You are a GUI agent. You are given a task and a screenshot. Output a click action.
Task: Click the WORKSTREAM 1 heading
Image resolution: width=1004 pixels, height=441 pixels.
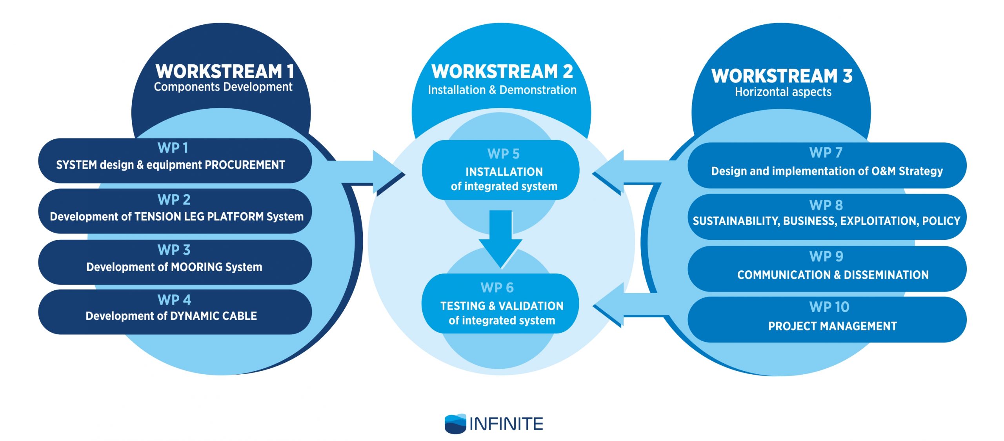tap(225, 72)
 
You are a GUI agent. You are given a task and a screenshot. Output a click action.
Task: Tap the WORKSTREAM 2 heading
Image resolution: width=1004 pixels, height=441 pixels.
tap(502, 72)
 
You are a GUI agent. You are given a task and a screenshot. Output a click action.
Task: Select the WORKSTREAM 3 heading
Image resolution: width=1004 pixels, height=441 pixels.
tap(782, 76)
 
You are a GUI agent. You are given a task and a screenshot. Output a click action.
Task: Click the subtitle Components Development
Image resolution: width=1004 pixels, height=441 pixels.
tap(223, 87)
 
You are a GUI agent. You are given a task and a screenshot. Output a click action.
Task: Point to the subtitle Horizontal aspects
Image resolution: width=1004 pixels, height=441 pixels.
tap(783, 92)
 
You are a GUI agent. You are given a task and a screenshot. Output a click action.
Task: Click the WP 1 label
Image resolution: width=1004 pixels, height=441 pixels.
tap(173, 148)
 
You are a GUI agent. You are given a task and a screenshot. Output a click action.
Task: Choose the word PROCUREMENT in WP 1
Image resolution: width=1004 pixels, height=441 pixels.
tap(245, 165)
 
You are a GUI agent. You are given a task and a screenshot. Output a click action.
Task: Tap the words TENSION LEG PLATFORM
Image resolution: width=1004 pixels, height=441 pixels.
tap(199, 217)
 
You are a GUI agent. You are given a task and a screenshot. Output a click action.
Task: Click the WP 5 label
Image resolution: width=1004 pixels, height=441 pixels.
tap(504, 154)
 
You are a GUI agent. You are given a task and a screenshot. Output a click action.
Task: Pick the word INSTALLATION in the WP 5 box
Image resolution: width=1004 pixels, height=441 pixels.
tap(504, 172)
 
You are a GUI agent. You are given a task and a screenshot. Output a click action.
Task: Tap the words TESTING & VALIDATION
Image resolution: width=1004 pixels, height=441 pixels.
tap(502, 306)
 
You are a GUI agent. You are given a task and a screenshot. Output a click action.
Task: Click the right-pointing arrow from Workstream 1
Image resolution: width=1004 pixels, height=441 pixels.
tap(376, 173)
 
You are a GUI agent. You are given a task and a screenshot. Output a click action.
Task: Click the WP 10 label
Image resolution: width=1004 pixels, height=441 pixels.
tap(829, 307)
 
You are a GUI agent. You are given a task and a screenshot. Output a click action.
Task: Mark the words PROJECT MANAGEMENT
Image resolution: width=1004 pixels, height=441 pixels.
tap(832, 326)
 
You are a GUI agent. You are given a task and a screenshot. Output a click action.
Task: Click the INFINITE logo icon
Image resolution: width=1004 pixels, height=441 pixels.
tap(455, 424)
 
